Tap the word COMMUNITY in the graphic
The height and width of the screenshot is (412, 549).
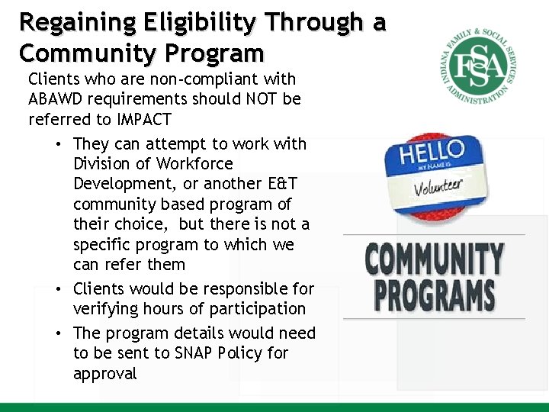[x=434, y=259]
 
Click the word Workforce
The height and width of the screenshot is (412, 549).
[x=194, y=164]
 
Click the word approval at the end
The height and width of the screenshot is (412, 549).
[x=105, y=374]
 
